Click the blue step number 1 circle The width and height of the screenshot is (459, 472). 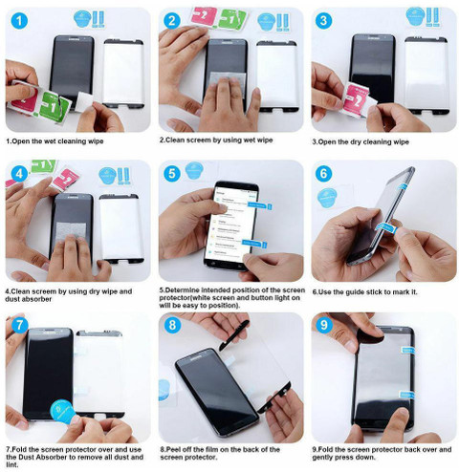[19, 21]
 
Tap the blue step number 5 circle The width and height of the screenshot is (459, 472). [172, 174]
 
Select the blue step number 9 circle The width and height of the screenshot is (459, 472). [324, 325]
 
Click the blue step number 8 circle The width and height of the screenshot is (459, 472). [172, 325]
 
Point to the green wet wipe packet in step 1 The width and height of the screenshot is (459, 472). [55, 108]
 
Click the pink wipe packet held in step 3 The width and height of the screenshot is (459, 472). [356, 98]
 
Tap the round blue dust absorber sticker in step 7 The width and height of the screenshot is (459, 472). [63, 412]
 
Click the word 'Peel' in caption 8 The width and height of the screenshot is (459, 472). [172, 449]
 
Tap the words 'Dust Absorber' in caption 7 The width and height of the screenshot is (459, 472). [44, 457]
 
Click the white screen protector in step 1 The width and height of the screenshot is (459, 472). [123, 74]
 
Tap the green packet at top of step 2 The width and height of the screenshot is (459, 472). [232, 20]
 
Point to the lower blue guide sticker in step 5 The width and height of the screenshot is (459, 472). [254, 244]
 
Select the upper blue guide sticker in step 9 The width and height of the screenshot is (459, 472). [407, 350]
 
